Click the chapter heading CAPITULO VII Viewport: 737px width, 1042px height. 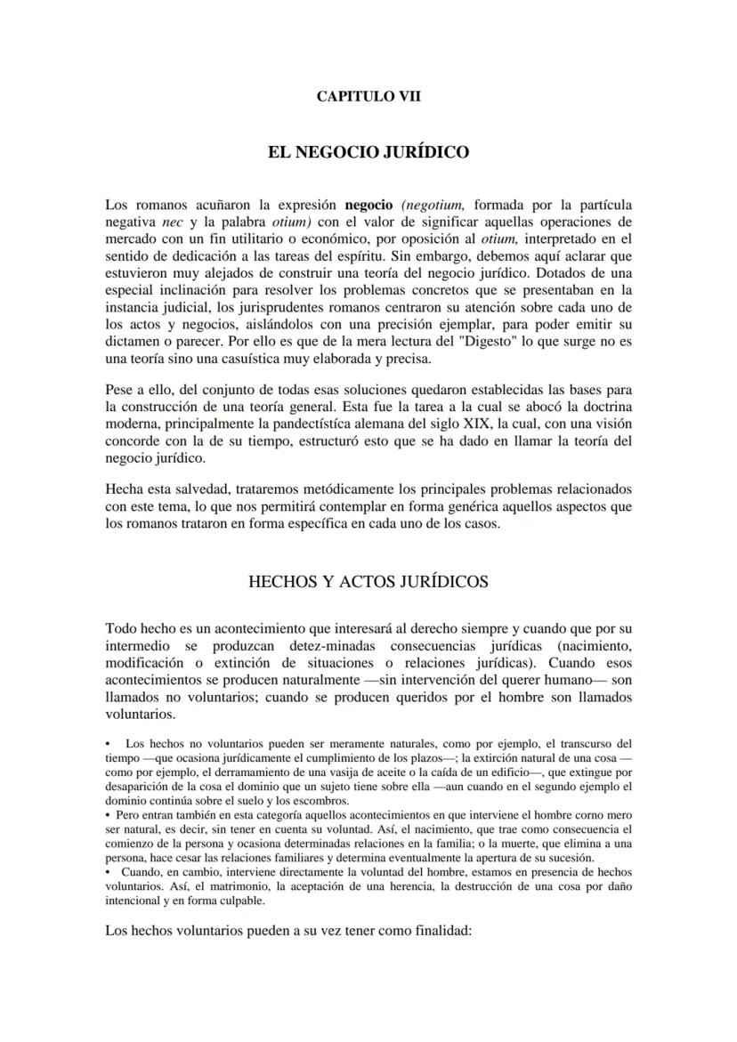(368, 97)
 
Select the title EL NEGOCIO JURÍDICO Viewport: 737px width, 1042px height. (368, 152)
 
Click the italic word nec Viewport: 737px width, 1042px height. (172, 222)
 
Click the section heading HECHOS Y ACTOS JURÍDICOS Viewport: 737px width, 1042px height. (368, 582)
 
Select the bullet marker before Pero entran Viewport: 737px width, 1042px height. (108, 814)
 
